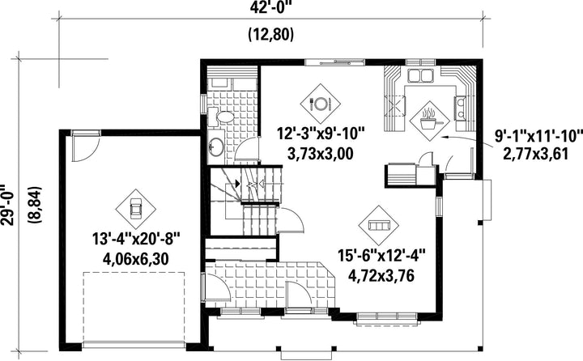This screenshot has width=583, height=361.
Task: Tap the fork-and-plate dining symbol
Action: (320, 104)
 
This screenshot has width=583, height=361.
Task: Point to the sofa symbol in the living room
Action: (378, 225)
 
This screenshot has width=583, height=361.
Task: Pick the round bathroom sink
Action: (216, 147)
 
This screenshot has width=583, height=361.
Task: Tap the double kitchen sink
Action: (421, 75)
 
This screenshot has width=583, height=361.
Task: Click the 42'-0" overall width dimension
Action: (270, 7)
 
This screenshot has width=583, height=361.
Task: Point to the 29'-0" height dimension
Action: (8, 205)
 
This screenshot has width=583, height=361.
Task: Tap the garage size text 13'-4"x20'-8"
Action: (136, 239)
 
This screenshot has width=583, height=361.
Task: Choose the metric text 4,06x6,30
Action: (136, 259)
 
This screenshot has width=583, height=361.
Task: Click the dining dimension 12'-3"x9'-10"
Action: (321, 133)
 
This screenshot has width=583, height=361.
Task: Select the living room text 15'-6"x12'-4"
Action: (381, 256)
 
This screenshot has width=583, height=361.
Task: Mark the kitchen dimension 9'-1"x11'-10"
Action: (537, 136)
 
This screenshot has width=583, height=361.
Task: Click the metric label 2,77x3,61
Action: (536, 154)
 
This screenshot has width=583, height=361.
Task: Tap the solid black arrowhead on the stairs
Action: (237, 183)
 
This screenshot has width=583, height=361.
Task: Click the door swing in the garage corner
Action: (85, 148)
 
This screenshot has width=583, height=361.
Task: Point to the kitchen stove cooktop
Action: (461, 108)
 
